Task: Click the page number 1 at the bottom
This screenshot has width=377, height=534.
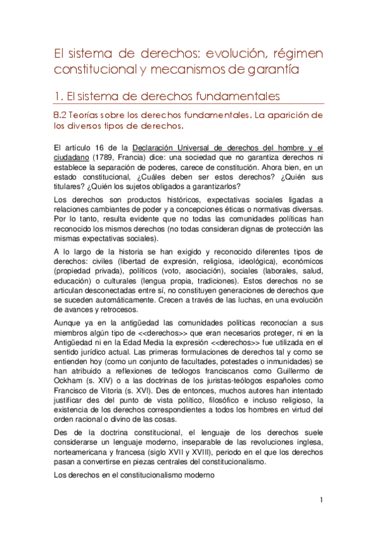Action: tap(321, 501)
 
